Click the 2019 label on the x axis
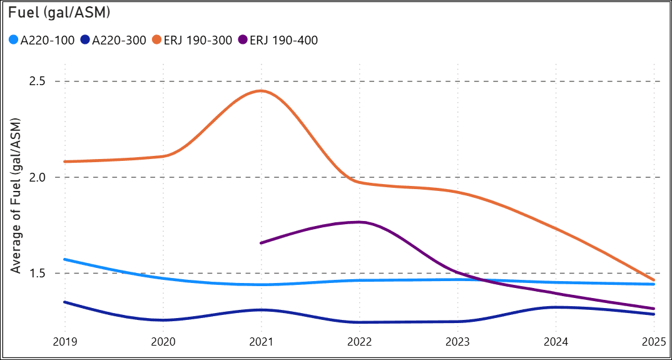(64, 343)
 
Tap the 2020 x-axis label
(163, 343)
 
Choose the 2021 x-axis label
(261, 343)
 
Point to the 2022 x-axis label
(359, 343)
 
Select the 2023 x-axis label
(457, 343)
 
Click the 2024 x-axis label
(556, 343)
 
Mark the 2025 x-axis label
(653, 343)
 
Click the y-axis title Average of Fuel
(17, 195)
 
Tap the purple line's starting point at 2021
(261, 243)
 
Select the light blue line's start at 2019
(64, 259)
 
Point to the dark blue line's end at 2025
(654, 314)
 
